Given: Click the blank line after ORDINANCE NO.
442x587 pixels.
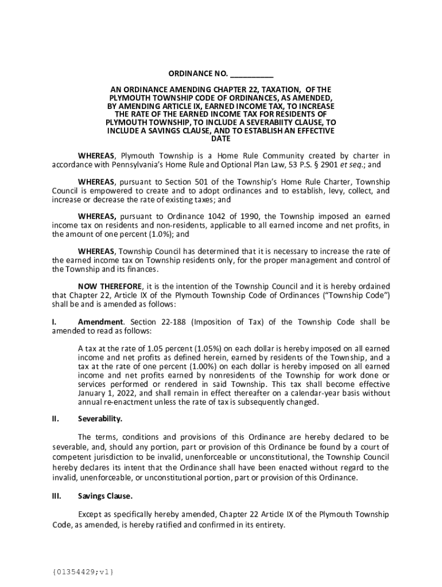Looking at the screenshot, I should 252,75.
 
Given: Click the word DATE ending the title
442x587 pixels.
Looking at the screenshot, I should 220,139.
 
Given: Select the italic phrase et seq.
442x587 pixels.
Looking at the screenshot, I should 352,165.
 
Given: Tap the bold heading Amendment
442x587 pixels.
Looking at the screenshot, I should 100,322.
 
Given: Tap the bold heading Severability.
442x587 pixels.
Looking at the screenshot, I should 100,419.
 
